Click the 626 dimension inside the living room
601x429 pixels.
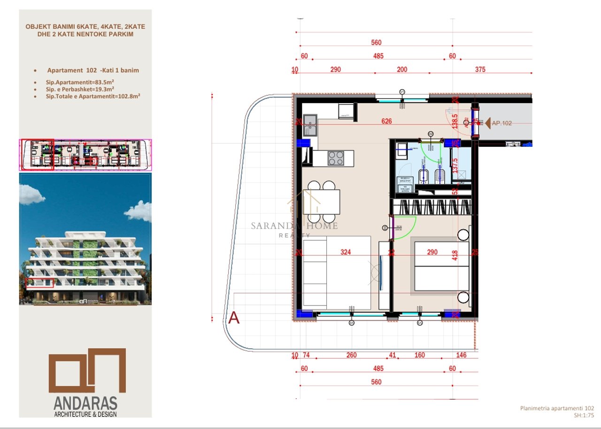pyautogui.click(x=386, y=121)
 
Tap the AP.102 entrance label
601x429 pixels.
pyautogui.click(x=501, y=123)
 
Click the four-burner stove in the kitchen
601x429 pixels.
pyautogui.click(x=335, y=158)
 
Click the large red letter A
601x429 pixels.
pyautogui.click(x=233, y=318)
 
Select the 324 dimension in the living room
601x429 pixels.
pyautogui.click(x=346, y=253)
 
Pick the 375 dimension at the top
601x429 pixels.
pyautogui.click(x=480, y=69)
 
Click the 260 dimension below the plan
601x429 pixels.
pyautogui.click(x=351, y=355)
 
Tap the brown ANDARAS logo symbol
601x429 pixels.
pyautogui.click(x=87, y=371)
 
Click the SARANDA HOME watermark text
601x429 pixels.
pyautogui.click(x=294, y=226)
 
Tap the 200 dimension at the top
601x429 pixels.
pyautogui.click(x=402, y=69)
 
